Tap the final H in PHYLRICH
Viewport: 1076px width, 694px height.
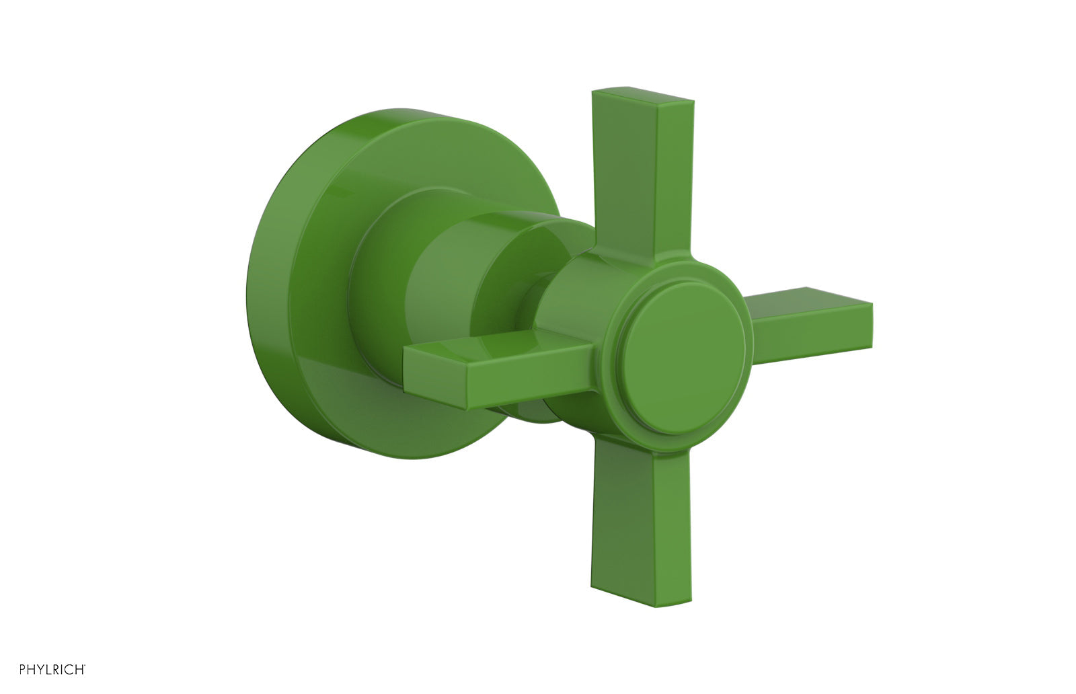[77, 670]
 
